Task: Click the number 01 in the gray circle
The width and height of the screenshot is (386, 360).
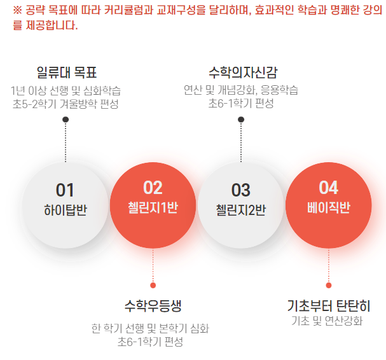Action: click(x=65, y=190)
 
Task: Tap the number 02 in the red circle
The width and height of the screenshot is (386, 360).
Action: click(x=153, y=188)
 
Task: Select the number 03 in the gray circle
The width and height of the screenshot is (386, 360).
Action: click(x=241, y=190)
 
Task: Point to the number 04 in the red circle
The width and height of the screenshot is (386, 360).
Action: click(x=329, y=188)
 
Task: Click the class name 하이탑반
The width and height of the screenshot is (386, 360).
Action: click(x=65, y=210)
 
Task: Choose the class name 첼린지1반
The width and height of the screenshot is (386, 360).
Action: click(x=153, y=207)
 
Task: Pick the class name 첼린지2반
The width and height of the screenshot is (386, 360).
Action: click(x=241, y=210)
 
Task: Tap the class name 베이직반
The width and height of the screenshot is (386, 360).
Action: click(x=329, y=207)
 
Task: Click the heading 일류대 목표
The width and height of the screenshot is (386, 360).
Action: click(x=67, y=73)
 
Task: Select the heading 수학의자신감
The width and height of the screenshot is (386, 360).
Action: click(x=243, y=73)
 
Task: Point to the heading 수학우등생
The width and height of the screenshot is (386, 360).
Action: click(x=153, y=306)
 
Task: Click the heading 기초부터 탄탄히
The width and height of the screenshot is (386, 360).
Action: click(x=329, y=306)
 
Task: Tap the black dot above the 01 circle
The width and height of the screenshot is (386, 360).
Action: click(x=65, y=120)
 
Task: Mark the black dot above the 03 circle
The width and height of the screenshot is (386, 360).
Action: click(x=241, y=120)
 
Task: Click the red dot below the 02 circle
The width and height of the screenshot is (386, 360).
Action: click(x=153, y=286)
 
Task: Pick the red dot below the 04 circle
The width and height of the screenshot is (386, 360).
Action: click(x=329, y=286)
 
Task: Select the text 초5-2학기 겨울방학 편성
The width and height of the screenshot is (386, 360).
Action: click(x=65, y=104)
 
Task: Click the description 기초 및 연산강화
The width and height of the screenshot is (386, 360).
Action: click(x=327, y=321)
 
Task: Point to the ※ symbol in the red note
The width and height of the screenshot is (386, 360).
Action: click(x=17, y=10)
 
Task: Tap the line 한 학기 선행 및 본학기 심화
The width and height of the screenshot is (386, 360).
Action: click(x=150, y=328)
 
